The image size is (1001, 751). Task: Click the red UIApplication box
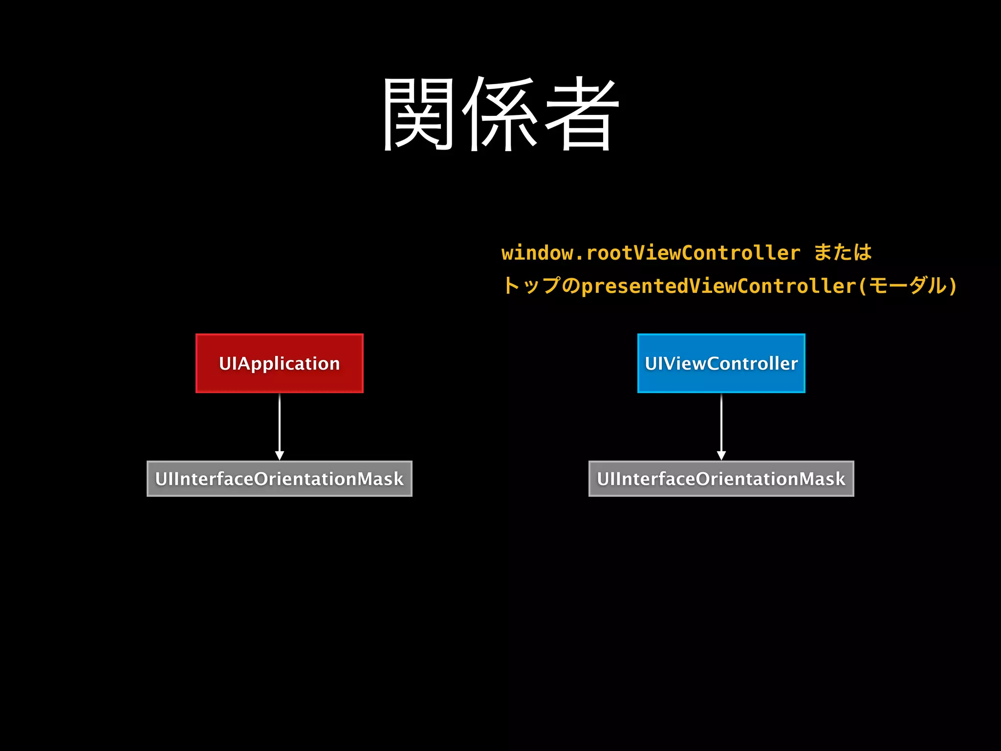pyautogui.click(x=279, y=363)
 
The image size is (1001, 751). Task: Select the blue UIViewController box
pyautogui.click(x=721, y=363)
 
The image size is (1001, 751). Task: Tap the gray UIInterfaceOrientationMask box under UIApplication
pyautogui.click(x=279, y=479)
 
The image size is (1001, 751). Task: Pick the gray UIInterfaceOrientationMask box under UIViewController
pyautogui.click(x=721, y=479)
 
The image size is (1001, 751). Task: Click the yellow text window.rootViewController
pyautogui.click(x=651, y=253)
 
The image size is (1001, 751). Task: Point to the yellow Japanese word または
pyautogui.click(x=843, y=253)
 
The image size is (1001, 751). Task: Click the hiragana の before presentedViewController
pyautogui.click(x=570, y=286)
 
